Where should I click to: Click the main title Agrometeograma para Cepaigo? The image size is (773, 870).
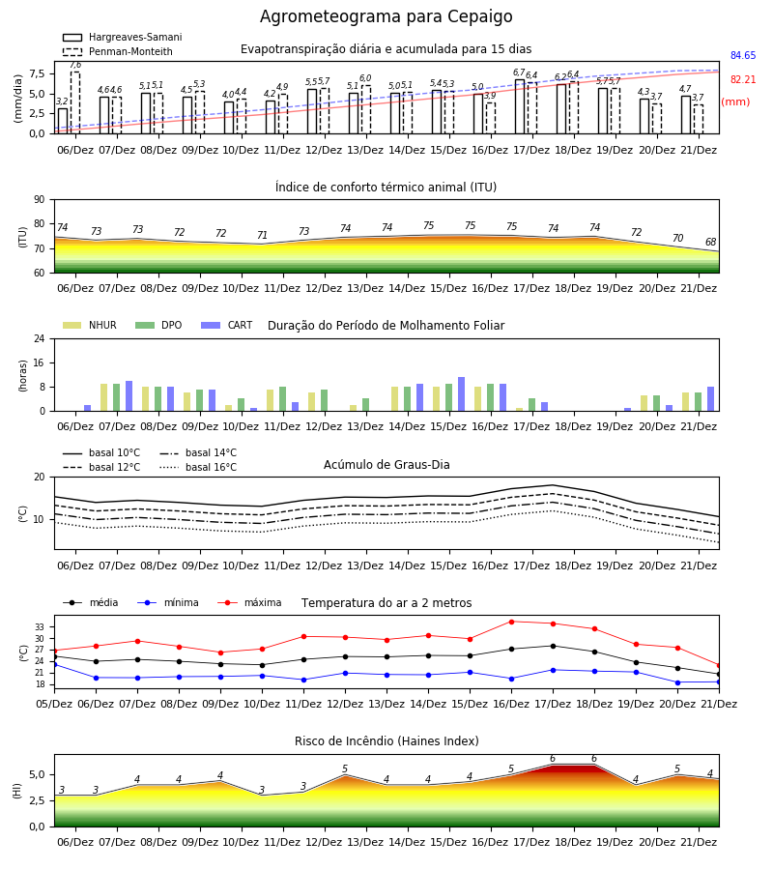tap(386, 16)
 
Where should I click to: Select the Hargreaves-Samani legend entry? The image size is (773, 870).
tap(122, 37)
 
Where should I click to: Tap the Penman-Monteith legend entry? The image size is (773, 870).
tap(118, 51)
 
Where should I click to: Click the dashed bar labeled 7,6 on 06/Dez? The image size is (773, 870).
tap(75, 102)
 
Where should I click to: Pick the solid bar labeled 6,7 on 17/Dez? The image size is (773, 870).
tap(520, 106)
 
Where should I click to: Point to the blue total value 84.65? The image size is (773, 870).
tap(743, 55)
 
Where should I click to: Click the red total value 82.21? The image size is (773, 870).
tap(743, 79)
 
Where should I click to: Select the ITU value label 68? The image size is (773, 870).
tap(711, 242)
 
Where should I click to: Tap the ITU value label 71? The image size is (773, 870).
tap(262, 235)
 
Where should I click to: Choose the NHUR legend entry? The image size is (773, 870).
tap(90, 325)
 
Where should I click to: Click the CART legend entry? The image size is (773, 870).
tap(227, 325)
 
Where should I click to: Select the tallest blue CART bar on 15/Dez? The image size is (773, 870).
tap(461, 394)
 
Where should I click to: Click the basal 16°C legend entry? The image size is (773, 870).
tap(198, 467)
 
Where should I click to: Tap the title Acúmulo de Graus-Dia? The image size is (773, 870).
tap(386, 465)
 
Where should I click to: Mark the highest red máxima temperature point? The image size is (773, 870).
tap(511, 622)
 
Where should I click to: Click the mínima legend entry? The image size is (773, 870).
tap(168, 602)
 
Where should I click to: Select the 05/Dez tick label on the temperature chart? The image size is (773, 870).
tap(54, 704)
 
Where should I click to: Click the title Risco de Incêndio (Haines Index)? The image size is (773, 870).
tap(386, 740)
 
